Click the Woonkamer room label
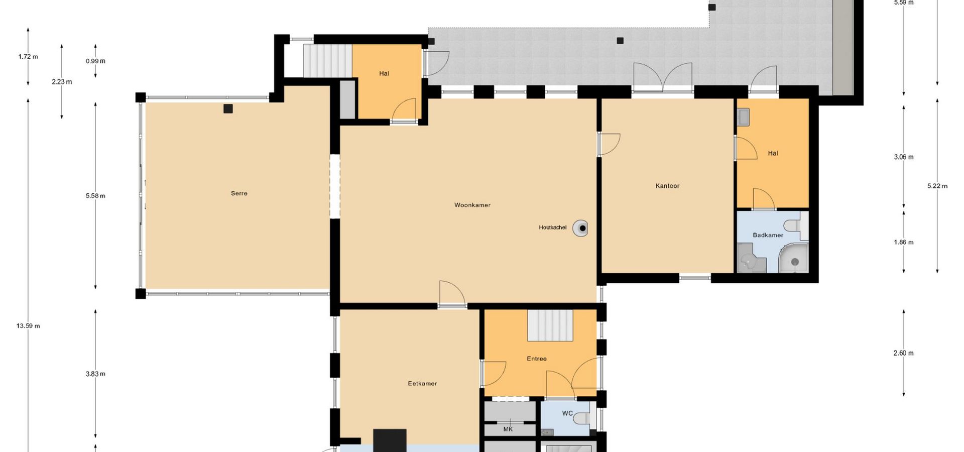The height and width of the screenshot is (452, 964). (x=472, y=205)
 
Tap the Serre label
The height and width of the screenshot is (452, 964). (x=239, y=193)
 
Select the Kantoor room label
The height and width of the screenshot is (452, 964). (x=667, y=186)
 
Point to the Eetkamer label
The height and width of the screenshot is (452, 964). (x=422, y=384)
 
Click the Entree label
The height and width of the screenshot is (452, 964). (x=537, y=359)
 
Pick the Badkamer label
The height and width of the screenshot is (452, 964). (x=768, y=235)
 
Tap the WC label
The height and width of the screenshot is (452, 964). (x=567, y=413)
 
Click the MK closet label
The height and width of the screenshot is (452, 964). (x=508, y=429)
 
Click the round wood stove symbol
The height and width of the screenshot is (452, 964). (x=581, y=228)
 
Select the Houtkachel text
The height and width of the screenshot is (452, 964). (x=552, y=228)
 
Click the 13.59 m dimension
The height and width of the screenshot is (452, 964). (x=28, y=326)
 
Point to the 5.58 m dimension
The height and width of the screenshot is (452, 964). (x=95, y=196)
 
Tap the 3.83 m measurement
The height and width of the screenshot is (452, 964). (x=95, y=374)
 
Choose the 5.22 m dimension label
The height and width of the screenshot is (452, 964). (x=937, y=186)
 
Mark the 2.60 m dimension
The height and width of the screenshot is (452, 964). (x=903, y=353)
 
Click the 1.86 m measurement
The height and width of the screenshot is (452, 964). (x=903, y=242)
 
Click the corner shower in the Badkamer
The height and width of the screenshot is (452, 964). (x=793, y=258)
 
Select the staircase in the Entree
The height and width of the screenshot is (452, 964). (x=550, y=325)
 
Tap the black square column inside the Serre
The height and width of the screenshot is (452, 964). (x=228, y=108)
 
